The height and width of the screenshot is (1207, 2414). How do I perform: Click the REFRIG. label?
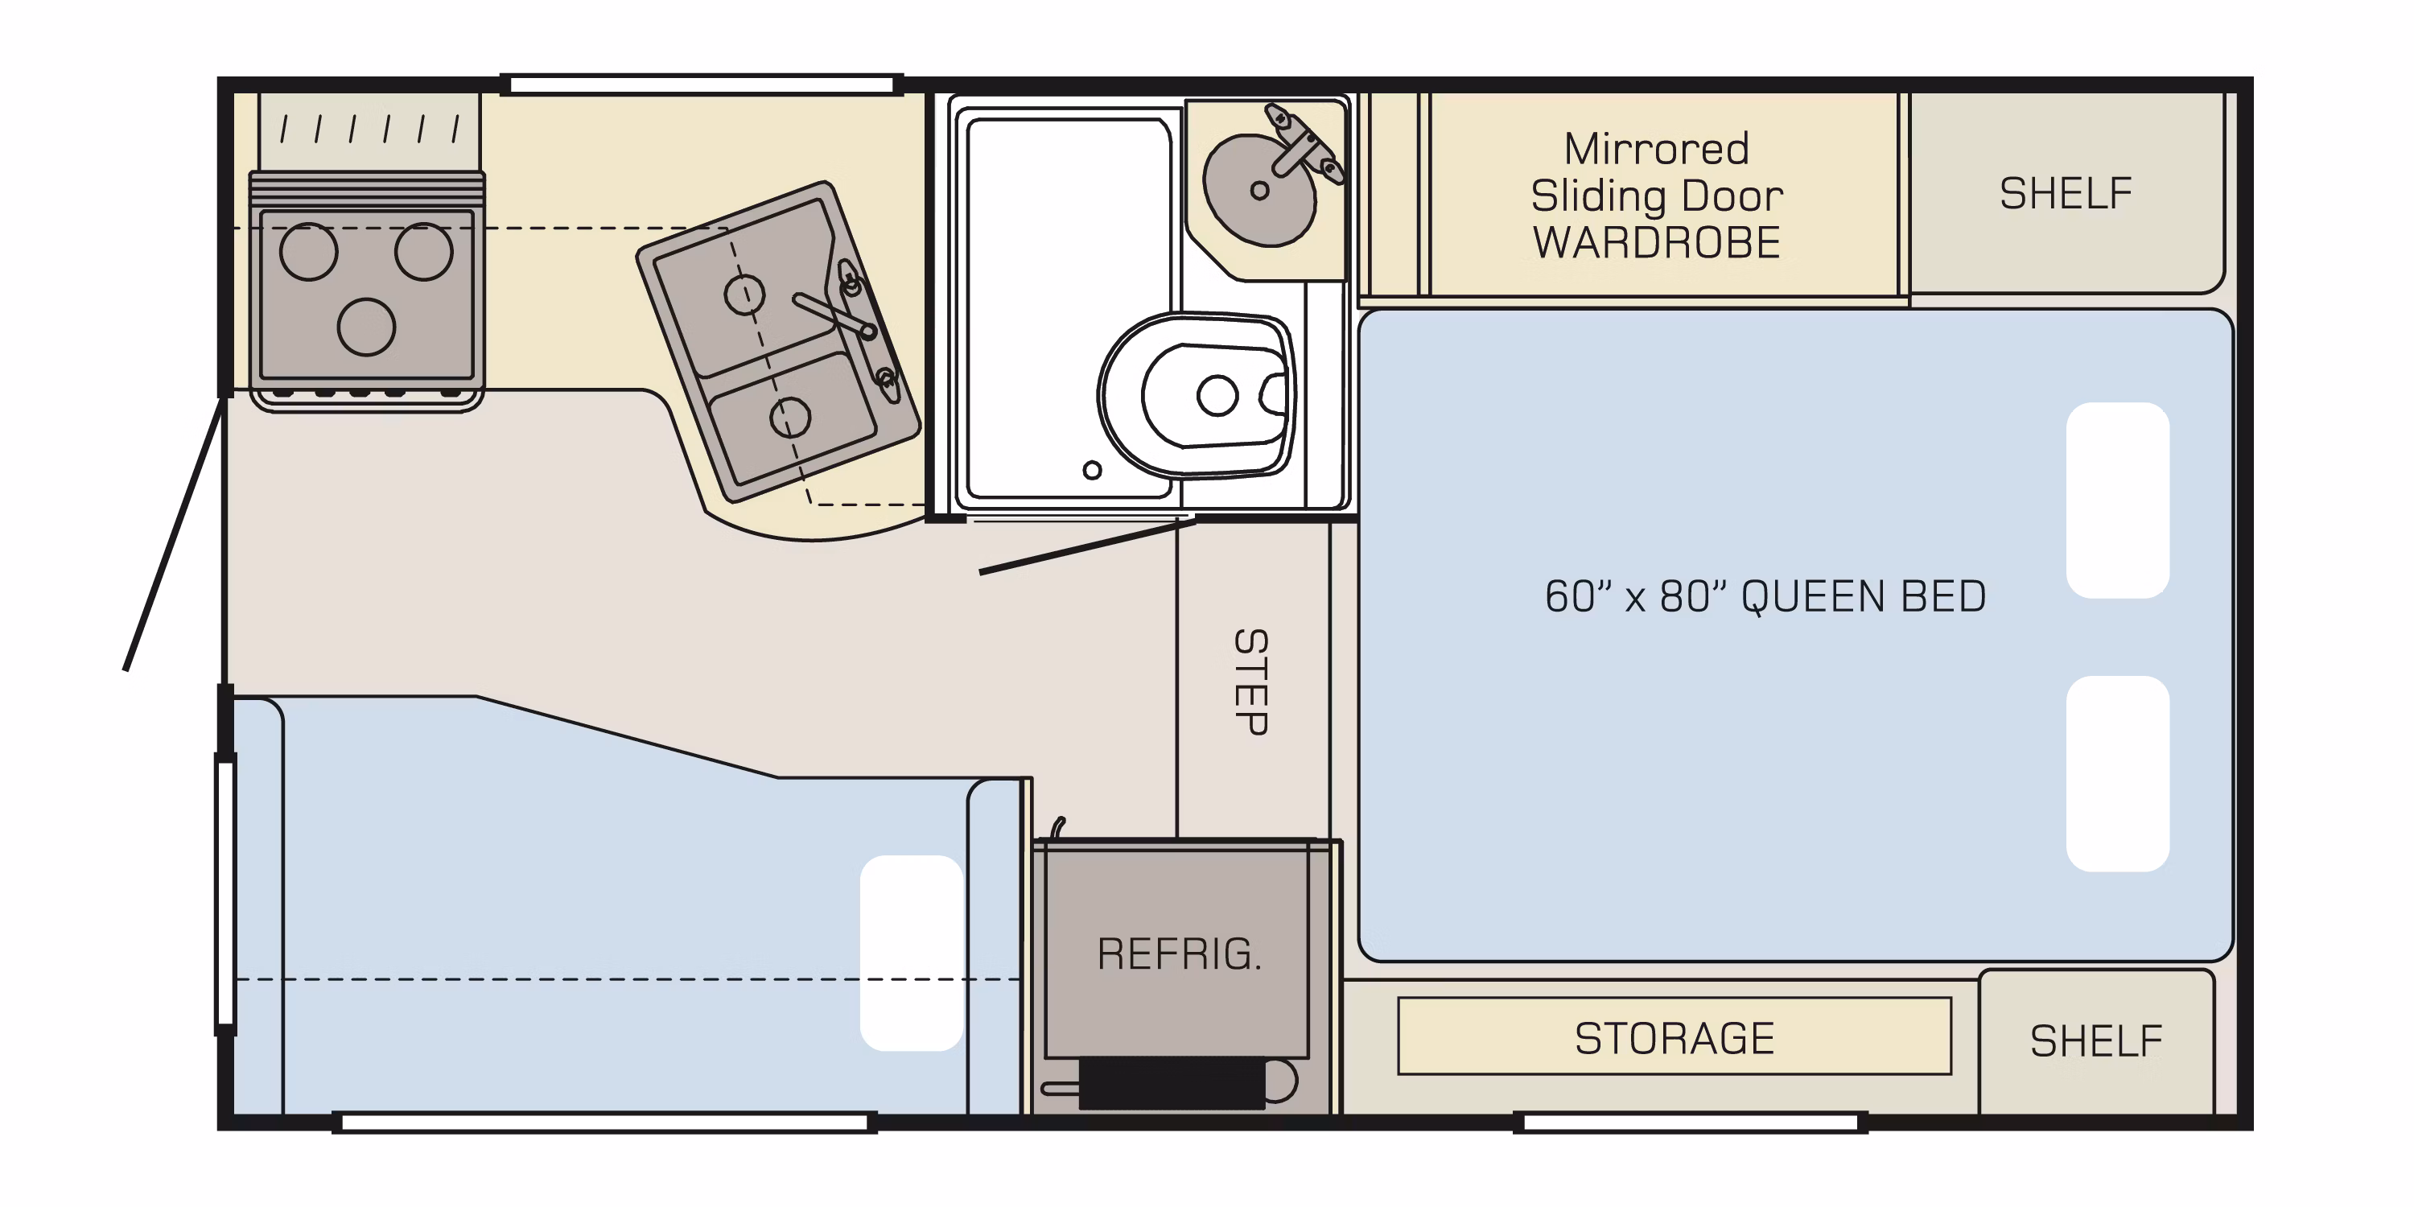(x=1179, y=954)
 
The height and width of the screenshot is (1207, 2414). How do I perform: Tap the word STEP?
(x=1251, y=682)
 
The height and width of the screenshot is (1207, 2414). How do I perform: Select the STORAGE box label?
(x=1675, y=1038)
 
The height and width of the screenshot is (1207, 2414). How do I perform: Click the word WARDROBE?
(x=1657, y=243)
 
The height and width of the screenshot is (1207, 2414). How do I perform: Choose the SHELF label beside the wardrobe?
(x=2066, y=194)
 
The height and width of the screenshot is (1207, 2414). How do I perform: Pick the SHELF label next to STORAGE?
(x=2096, y=1041)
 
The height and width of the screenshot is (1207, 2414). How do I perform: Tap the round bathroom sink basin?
(x=1258, y=190)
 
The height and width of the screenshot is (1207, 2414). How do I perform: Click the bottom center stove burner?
(x=366, y=326)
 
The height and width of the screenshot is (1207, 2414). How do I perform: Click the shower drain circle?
(x=1092, y=471)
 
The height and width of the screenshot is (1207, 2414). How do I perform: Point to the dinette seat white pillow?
(x=911, y=953)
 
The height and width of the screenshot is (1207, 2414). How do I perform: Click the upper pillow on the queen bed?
(x=2118, y=501)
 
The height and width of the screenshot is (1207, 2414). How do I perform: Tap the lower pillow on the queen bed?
(x=2118, y=774)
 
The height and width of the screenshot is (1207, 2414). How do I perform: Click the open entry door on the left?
(x=175, y=533)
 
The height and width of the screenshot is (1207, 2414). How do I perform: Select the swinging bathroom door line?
(x=1087, y=546)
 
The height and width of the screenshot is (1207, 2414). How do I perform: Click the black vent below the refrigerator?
(x=1172, y=1083)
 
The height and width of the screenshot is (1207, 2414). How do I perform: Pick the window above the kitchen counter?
(x=702, y=85)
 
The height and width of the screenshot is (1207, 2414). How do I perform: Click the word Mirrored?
(x=1657, y=149)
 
